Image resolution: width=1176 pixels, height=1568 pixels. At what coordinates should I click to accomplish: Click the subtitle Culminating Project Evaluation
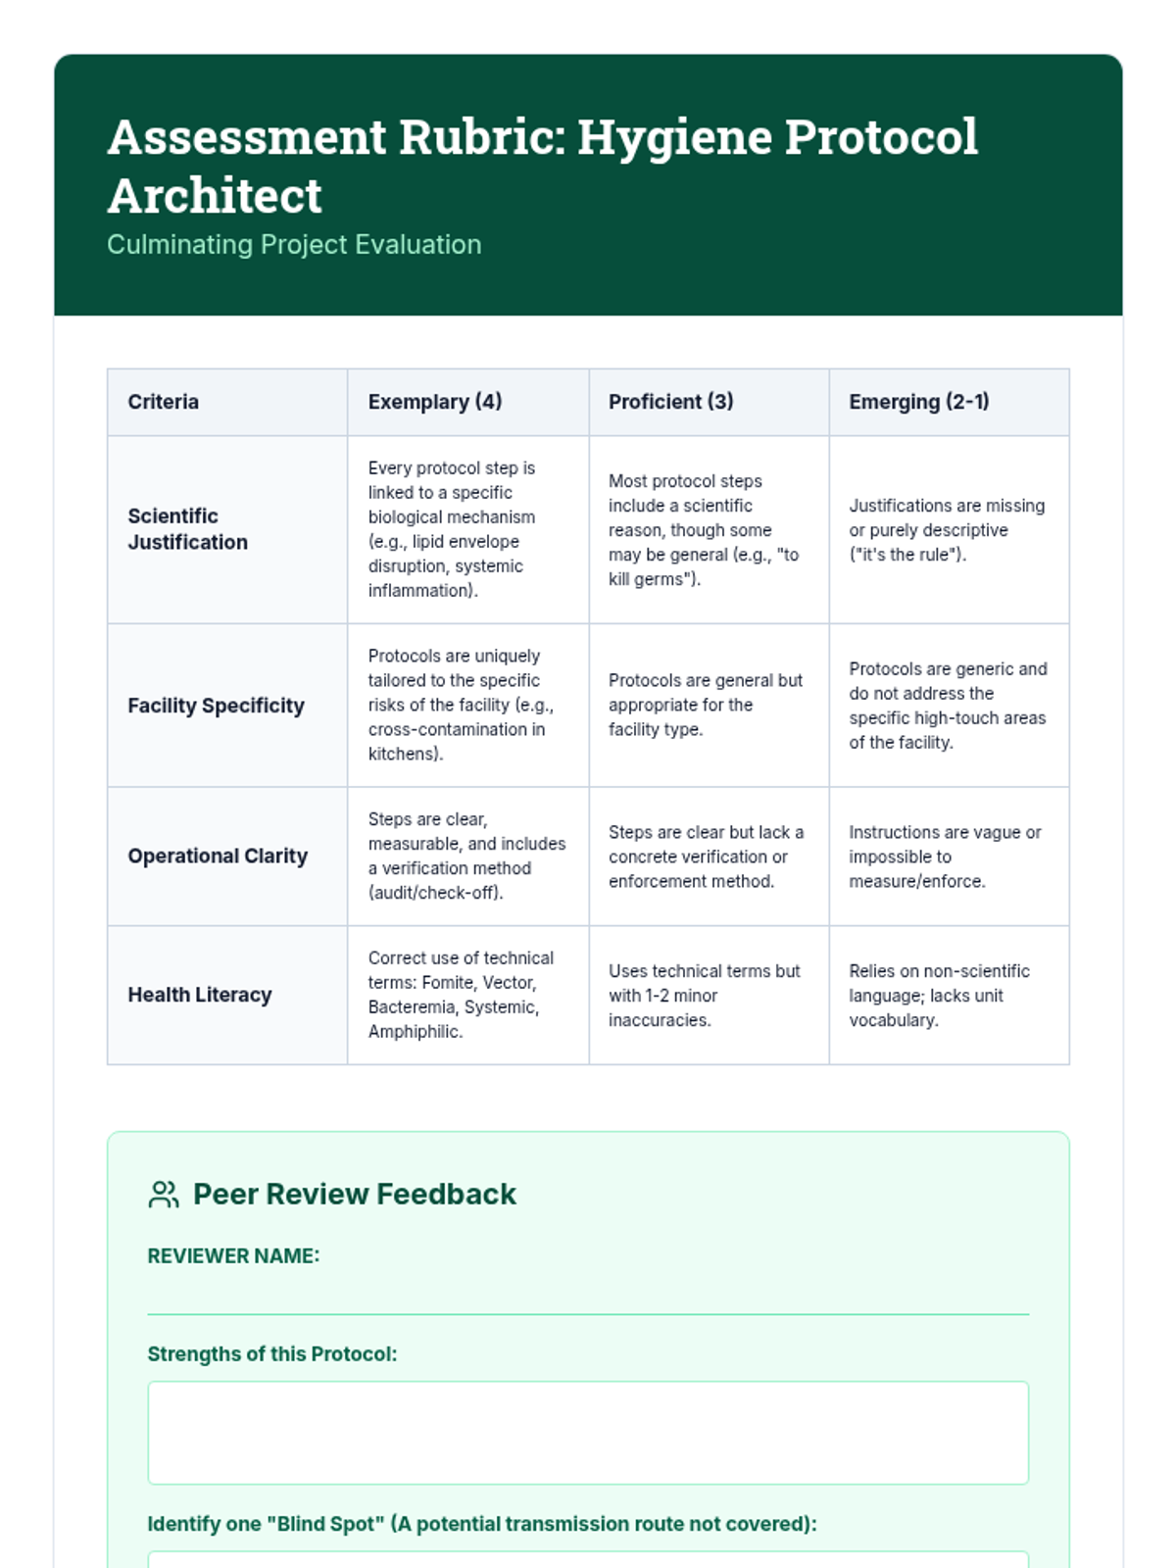click(x=294, y=244)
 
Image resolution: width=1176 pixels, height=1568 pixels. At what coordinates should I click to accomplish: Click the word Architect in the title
click(x=215, y=195)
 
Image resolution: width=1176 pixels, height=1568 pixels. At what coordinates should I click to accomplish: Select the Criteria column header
click(x=163, y=402)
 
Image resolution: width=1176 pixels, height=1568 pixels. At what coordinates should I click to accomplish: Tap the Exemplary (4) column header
click(x=434, y=402)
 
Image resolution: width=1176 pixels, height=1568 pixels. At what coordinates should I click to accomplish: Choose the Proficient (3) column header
click(x=670, y=402)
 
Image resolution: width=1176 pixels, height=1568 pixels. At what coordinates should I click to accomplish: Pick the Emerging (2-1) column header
click(x=918, y=402)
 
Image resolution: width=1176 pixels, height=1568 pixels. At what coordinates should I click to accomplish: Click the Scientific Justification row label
click(x=187, y=529)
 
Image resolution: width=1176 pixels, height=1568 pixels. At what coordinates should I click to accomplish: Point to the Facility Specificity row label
click(x=216, y=706)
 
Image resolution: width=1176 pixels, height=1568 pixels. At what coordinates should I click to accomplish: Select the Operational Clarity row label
click(x=218, y=856)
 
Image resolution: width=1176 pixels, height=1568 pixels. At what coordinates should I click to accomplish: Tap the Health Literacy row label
click(x=199, y=995)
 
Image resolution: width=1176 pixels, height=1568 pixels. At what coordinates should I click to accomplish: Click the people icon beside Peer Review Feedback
click(x=164, y=1195)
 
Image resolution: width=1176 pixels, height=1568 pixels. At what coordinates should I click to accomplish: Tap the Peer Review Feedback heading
click(x=354, y=1195)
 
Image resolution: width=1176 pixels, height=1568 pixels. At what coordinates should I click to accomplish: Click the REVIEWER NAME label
click(x=233, y=1256)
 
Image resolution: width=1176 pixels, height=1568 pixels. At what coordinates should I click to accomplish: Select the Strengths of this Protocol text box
click(x=588, y=1433)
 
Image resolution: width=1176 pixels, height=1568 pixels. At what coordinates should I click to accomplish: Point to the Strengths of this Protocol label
click(x=271, y=1354)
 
